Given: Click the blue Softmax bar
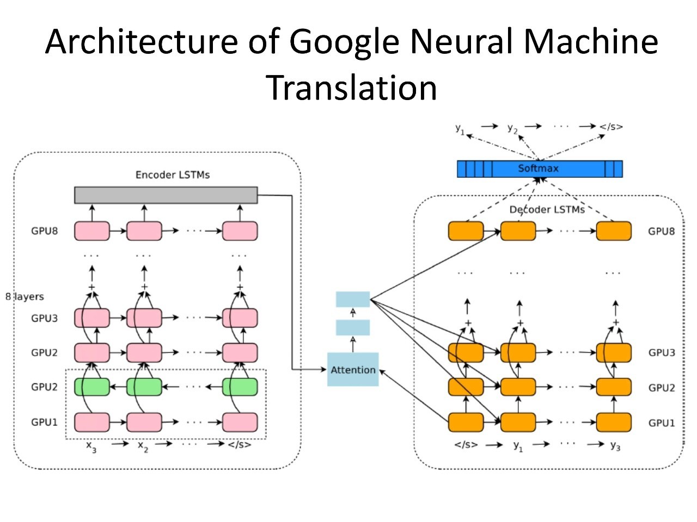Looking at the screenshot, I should (x=539, y=169).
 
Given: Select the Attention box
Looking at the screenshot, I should (x=353, y=370).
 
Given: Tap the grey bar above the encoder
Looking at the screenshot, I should (x=166, y=195).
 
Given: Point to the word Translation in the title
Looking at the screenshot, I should (x=351, y=88).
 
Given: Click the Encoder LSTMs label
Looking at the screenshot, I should (x=172, y=175).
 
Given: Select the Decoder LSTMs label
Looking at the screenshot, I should (x=547, y=210).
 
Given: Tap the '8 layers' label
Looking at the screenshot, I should (x=25, y=297).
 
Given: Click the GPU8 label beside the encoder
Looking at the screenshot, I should (x=44, y=231).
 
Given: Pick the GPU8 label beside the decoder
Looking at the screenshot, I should (x=661, y=232).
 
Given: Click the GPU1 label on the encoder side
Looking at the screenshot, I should (x=44, y=422).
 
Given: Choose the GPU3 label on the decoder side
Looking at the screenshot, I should (x=661, y=353).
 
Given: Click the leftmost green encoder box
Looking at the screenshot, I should (x=92, y=387).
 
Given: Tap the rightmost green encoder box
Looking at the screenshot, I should (x=240, y=387).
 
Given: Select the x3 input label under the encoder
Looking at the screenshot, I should (x=91, y=446).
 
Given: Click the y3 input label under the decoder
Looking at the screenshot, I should (x=615, y=446).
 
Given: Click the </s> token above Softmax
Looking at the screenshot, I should (x=611, y=127).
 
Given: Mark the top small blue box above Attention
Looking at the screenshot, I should (x=353, y=300).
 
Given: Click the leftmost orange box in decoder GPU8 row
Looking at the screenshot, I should (x=466, y=231).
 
